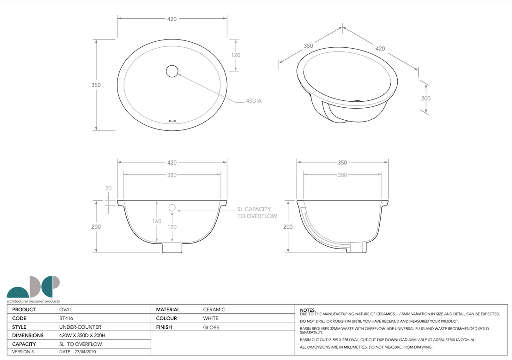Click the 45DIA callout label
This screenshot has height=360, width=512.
click(253, 101)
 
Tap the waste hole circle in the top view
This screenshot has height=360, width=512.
click(172, 71)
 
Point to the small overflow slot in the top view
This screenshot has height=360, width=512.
click(173, 120)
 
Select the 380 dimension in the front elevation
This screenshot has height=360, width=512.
click(172, 175)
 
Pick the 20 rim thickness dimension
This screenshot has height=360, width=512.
click(109, 189)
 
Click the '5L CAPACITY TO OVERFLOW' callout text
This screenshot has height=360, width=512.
click(257, 213)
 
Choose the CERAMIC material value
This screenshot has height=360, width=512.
click(214, 310)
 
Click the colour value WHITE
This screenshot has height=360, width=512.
click(211, 318)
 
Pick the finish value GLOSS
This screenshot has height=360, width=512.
click(211, 327)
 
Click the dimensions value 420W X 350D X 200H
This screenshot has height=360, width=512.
click(82, 336)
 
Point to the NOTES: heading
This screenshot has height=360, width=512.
click(308, 310)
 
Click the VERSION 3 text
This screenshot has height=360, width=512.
click(23, 352)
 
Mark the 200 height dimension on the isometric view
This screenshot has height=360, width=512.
click(425, 98)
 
